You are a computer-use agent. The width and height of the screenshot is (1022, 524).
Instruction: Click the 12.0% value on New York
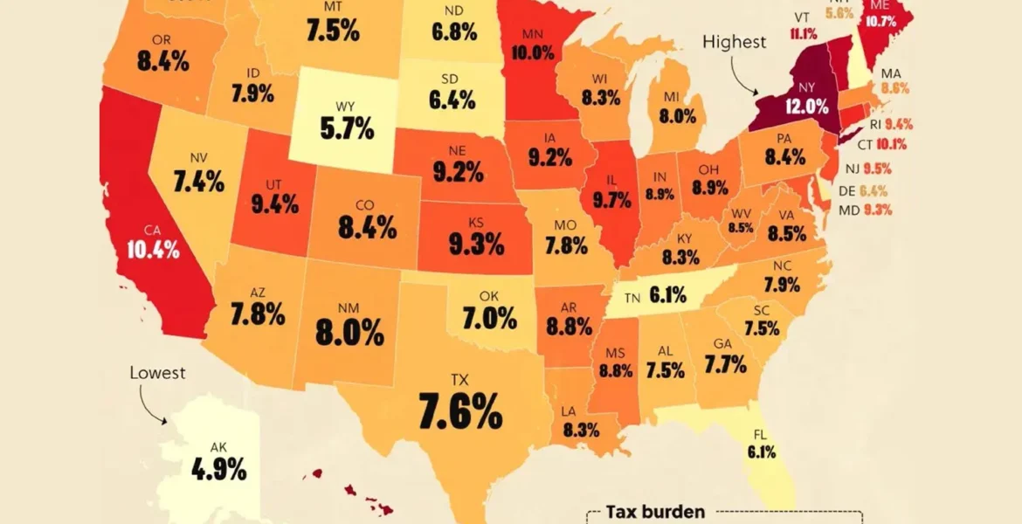(805, 107)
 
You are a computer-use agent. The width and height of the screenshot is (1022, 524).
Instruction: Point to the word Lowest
(158, 373)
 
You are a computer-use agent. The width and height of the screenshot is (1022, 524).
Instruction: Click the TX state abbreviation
(459, 381)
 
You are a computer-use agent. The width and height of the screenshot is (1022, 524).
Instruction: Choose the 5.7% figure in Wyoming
(346, 129)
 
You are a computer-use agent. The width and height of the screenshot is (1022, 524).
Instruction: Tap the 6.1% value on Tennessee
(667, 297)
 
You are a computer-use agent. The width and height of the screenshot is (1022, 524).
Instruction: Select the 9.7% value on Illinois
(611, 201)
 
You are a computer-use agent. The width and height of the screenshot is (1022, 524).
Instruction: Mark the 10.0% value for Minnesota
(532, 52)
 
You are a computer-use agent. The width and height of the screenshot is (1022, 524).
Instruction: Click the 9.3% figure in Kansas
(476, 245)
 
